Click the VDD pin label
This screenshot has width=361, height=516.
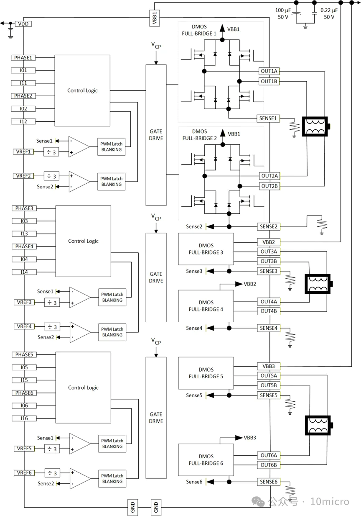point(23,24)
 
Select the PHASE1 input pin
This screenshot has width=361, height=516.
point(23,58)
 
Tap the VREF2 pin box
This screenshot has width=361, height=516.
point(23,176)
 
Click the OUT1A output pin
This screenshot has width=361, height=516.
point(269,71)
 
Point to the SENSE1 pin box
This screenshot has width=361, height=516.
point(268,118)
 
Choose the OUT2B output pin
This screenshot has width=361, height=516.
point(269,186)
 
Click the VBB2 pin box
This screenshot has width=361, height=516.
point(269,242)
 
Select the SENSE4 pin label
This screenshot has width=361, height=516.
point(269,328)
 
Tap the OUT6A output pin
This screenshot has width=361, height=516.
point(269,455)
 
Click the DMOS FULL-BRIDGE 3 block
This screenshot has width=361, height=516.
point(206,249)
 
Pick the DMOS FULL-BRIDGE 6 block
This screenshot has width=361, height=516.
point(206,460)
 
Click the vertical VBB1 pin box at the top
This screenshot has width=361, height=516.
point(155,18)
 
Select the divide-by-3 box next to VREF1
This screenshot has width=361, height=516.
point(51,152)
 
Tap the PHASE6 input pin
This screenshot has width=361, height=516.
point(24,393)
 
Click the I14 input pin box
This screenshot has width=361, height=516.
point(24,272)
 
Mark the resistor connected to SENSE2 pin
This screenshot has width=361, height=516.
point(322,225)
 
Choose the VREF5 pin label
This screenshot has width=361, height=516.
point(24,449)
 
